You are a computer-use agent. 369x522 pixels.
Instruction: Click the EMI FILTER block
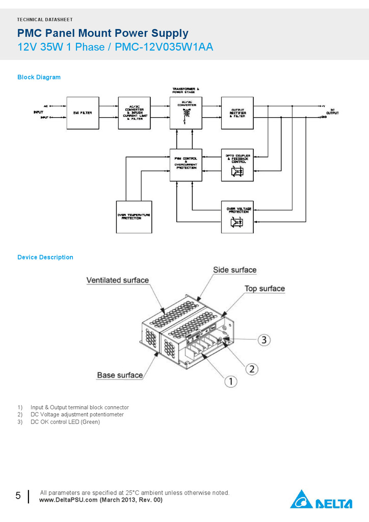tap(83, 113)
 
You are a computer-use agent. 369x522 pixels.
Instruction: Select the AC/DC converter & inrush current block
tap(135, 113)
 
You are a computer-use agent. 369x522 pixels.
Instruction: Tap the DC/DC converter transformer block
tap(186, 113)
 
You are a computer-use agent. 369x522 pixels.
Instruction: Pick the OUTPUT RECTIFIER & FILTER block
tap(237, 113)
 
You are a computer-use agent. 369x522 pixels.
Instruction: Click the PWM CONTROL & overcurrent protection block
tap(186, 165)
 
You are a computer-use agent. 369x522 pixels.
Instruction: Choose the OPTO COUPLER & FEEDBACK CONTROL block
tap(237, 165)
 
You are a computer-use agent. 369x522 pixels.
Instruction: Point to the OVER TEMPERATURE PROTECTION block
tap(134, 217)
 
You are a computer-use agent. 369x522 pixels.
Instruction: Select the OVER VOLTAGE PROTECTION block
tap(237, 217)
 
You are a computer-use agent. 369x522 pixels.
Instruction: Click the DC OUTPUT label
tap(332, 111)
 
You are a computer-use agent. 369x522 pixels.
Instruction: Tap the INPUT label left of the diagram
tap(38, 112)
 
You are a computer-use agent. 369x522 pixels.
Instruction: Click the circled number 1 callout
tap(230, 381)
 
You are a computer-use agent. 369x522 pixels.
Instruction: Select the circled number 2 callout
tap(251, 368)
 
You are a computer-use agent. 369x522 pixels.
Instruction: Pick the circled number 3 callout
tap(262, 339)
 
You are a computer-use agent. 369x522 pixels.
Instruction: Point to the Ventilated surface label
tap(117, 280)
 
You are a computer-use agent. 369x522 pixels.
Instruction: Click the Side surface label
tap(234, 270)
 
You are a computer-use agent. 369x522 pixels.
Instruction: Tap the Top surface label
tap(265, 289)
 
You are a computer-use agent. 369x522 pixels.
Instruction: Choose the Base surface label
tap(120, 375)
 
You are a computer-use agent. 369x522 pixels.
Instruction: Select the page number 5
tap(18, 495)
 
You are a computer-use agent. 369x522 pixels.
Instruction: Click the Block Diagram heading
tap(39, 77)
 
